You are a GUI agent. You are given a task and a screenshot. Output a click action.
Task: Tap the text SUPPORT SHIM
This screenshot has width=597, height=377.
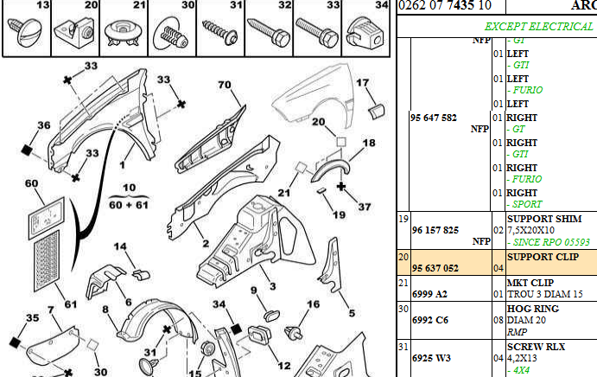[x=543, y=219]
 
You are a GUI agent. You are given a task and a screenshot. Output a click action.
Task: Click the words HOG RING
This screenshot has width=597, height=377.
[x=532, y=309]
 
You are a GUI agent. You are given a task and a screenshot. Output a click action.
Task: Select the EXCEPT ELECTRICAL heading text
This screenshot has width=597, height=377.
[x=538, y=27]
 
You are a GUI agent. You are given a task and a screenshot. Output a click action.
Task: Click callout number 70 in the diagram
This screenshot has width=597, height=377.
[x=225, y=85]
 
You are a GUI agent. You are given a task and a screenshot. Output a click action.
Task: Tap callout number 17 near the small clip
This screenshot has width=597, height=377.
[x=363, y=84]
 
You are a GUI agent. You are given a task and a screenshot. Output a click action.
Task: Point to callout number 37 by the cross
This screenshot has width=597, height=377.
[x=363, y=207]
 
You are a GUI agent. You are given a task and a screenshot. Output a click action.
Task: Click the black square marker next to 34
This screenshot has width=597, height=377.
[x=233, y=330]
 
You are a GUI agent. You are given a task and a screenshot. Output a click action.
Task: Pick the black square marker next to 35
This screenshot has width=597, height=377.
[x=14, y=341]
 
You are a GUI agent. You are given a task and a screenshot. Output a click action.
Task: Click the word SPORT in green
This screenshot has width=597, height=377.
[x=528, y=204]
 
